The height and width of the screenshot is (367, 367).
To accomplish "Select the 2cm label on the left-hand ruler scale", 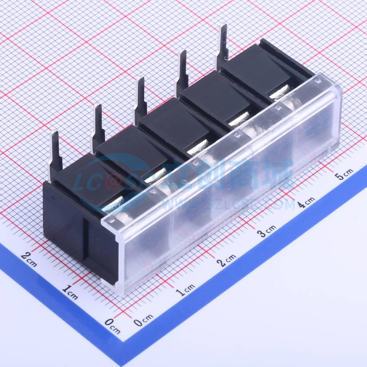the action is [x=29, y=259].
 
